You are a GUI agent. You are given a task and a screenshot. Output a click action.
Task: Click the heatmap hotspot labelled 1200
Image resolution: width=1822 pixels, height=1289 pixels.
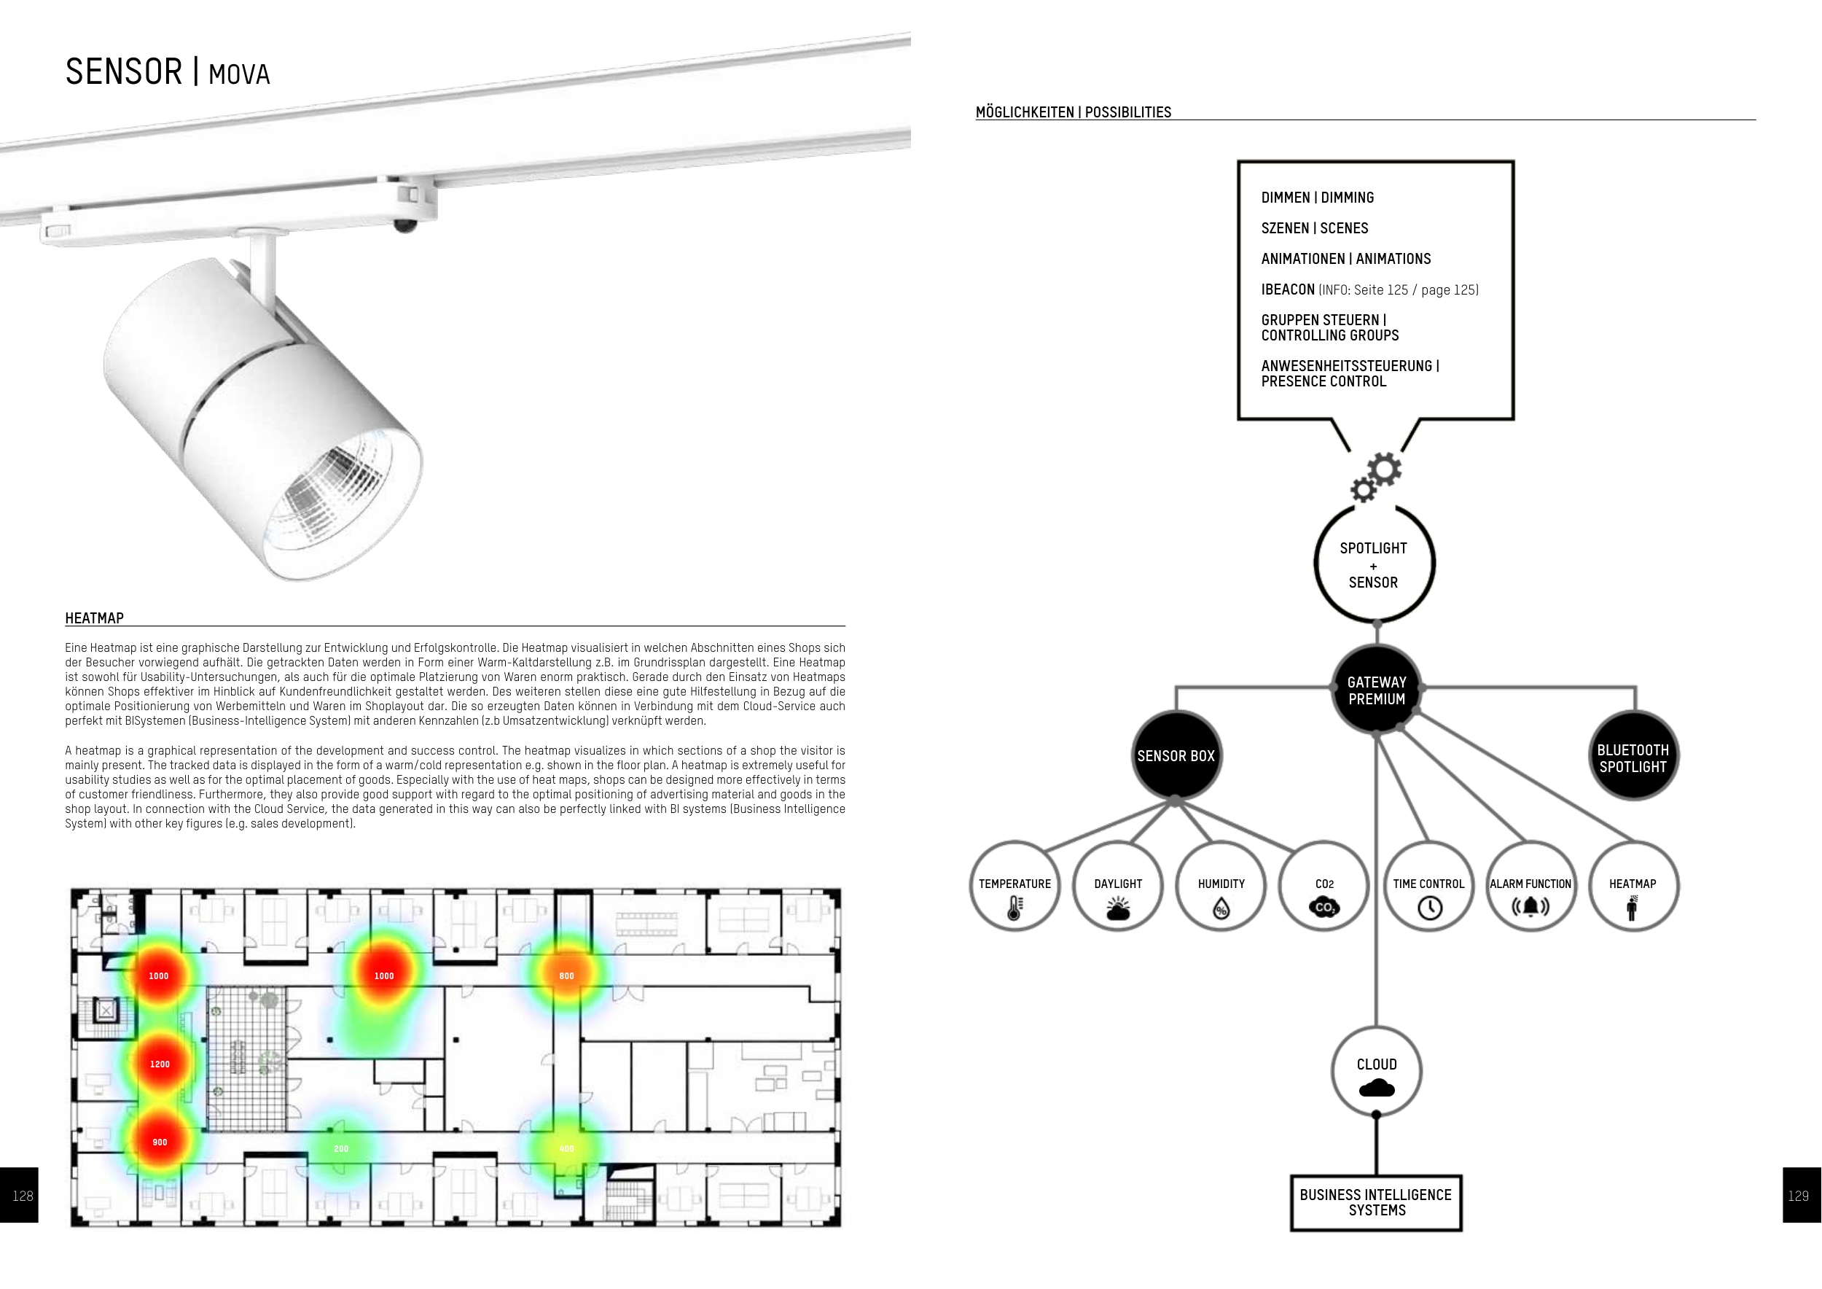click(x=160, y=1064)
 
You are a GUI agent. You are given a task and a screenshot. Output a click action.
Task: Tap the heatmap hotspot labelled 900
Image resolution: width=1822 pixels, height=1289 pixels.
click(x=160, y=1142)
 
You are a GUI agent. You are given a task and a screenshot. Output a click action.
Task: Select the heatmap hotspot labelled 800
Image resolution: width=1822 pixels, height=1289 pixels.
click(x=566, y=975)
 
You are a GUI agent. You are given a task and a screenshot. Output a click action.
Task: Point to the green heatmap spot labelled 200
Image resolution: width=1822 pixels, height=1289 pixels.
click(x=341, y=1148)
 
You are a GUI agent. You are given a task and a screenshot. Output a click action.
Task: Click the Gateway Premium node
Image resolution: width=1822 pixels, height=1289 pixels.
click(x=1376, y=690)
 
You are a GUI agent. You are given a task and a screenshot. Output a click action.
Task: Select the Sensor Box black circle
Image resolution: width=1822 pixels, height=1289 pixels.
click(x=1176, y=755)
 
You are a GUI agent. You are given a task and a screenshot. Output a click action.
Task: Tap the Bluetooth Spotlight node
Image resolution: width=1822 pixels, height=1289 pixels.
click(x=1633, y=758)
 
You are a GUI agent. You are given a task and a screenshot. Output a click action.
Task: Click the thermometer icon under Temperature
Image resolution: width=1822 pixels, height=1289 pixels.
click(x=1014, y=908)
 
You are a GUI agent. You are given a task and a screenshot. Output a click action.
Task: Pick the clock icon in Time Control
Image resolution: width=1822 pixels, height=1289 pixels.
click(x=1429, y=908)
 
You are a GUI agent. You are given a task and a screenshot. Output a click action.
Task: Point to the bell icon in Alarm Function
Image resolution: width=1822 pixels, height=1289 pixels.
click(x=1530, y=906)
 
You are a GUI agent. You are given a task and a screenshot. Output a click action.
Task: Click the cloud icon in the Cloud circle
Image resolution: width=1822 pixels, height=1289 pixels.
click(x=1376, y=1089)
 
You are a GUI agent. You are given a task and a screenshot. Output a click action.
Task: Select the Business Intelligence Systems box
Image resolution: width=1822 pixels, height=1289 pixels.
click(x=1375, y=1202)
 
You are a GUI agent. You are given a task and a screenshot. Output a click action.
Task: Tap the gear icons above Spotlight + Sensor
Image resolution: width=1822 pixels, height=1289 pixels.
click(x=1377, y=477)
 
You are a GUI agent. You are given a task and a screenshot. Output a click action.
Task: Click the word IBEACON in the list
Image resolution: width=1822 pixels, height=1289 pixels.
click(x=1287, y=289)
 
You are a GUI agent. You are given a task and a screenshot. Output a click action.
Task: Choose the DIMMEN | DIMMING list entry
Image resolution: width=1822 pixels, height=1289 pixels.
click(x=1317, y=198)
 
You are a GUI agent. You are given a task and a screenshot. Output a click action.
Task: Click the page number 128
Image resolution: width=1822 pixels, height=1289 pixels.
click(x=22, y=1196)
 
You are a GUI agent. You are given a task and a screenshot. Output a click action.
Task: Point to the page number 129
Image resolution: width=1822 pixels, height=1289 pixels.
click(x=1798, y=1196)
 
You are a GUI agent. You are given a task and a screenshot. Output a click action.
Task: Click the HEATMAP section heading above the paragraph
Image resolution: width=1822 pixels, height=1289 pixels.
click(x=95, y=618)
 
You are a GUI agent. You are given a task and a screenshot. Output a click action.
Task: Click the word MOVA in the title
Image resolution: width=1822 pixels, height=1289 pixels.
click(x=239, y=74)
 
